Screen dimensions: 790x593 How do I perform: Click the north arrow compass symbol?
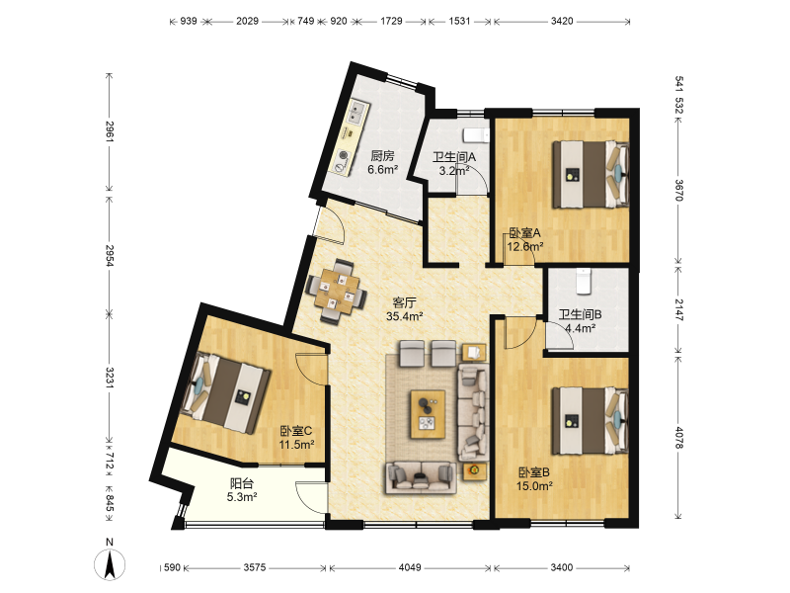(110, 563)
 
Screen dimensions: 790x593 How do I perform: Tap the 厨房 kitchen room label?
(382, 156)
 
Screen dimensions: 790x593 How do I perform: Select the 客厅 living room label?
(404, 302)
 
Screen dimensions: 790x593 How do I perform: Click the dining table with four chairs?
(337, 291)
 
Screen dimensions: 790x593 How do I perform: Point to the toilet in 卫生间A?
(476, 135)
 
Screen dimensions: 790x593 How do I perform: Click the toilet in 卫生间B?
(583, 282)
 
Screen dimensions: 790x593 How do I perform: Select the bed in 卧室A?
(591, 175)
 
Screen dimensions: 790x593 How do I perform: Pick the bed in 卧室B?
(591, 421)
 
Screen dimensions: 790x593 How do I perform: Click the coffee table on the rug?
(428, 414)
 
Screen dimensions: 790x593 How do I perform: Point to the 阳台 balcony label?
(241, 483)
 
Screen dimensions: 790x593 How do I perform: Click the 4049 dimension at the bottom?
(410, 567)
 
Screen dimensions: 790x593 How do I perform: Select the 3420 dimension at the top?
(562, 21)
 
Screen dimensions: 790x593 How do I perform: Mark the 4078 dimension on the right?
(678, 438)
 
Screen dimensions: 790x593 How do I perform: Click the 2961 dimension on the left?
(110, 131)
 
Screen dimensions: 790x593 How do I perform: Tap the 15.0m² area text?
(534, 486)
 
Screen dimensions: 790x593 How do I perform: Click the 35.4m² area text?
(404, 316)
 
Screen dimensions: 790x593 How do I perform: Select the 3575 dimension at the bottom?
(255, 567)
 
